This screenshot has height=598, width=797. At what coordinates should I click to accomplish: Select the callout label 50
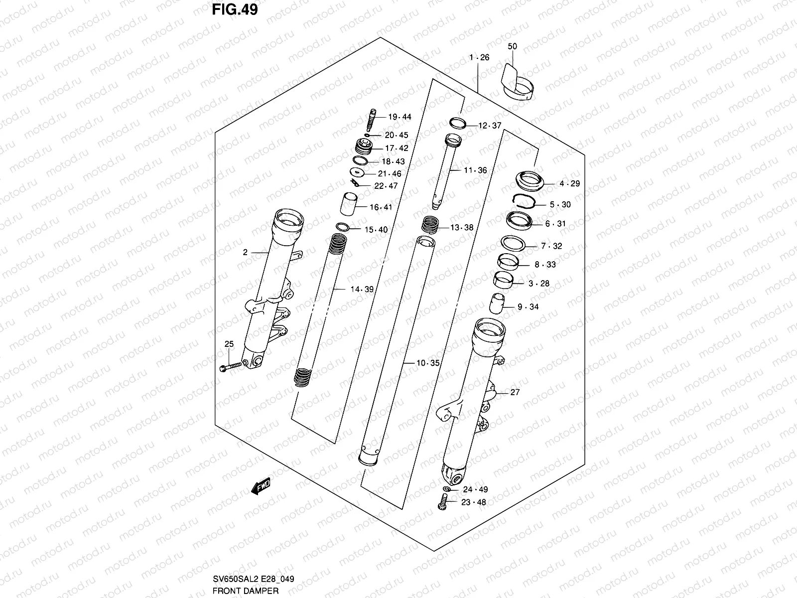tap(512, 46)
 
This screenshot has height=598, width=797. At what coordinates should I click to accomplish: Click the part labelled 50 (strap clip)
tap(517, 82)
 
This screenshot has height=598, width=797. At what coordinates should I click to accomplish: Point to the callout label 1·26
tap(479, 57)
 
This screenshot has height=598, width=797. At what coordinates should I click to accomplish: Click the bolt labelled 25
tap(230, 367)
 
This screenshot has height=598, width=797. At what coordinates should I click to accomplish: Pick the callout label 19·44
tap(399, 117)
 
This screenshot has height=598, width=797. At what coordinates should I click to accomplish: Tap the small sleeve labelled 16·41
tap(349, 204)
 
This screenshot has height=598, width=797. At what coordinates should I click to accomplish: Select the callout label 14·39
tap(362, 289)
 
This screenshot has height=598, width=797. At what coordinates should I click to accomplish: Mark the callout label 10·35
tap(428, 363)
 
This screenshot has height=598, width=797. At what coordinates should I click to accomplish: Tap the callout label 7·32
tap(551, 246)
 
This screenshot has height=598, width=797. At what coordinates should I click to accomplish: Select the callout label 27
tap(515, 393)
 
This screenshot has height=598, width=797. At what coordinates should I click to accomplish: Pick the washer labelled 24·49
tap(447, 489)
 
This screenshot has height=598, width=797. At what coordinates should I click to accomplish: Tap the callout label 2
tap(245, 253)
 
